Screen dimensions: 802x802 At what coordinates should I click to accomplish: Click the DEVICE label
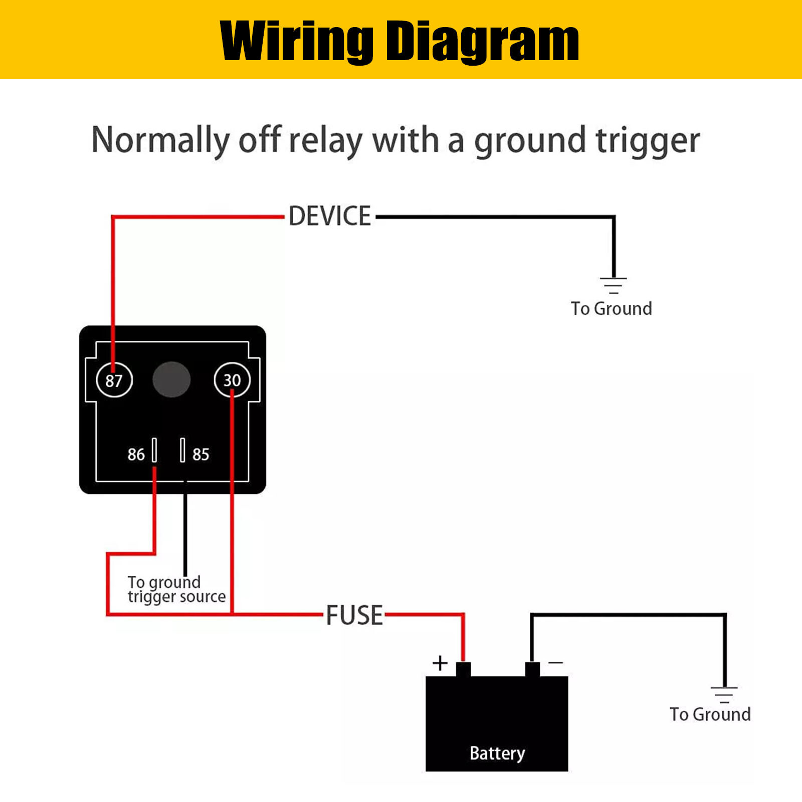330,217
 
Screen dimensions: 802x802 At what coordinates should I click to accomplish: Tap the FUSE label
354,615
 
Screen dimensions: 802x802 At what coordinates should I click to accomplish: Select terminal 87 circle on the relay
114,380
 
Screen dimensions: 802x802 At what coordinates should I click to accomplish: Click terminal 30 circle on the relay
232,380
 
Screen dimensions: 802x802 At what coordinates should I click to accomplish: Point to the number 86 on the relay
136,454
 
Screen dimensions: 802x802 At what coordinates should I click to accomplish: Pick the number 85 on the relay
200,454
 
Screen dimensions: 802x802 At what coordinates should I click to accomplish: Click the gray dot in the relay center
171,379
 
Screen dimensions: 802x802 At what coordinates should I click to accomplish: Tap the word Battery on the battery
497,753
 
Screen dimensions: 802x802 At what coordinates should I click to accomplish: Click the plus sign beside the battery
440,663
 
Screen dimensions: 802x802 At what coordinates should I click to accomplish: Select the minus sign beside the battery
555,663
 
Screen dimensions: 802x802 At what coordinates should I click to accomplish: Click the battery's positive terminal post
463,669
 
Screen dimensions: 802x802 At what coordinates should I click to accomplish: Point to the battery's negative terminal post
532,669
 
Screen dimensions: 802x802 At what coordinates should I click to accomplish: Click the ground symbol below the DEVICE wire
613,285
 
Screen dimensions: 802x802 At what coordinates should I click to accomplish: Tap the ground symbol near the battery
724,694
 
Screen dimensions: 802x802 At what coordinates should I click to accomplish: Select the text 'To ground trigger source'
175,589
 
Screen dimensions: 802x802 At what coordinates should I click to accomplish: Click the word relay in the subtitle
326,140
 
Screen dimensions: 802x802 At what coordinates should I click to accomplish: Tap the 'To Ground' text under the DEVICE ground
611,308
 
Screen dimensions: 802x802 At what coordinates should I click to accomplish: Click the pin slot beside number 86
154,450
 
